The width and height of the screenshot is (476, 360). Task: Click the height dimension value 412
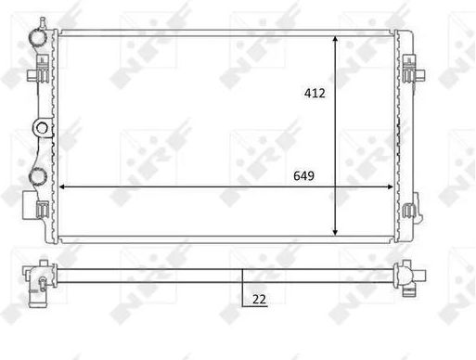[x=315, y=93]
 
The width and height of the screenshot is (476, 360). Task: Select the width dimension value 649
[x=303, y=175]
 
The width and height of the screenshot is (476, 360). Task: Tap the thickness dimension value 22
[x=259, y=299]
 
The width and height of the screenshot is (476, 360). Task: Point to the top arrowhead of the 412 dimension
[x=335, y=39]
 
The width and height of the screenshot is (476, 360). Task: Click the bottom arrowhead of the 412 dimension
[x=335, y=233]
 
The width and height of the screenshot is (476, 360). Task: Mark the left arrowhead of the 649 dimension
[x=62, y=186]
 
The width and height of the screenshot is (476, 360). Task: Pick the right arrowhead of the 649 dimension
[x=390, y=186]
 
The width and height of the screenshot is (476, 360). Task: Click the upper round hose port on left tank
[x=38, y=38]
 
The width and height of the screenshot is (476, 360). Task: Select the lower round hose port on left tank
[x=38, y=176]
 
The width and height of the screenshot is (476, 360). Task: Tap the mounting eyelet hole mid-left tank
[x=42, y=128]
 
